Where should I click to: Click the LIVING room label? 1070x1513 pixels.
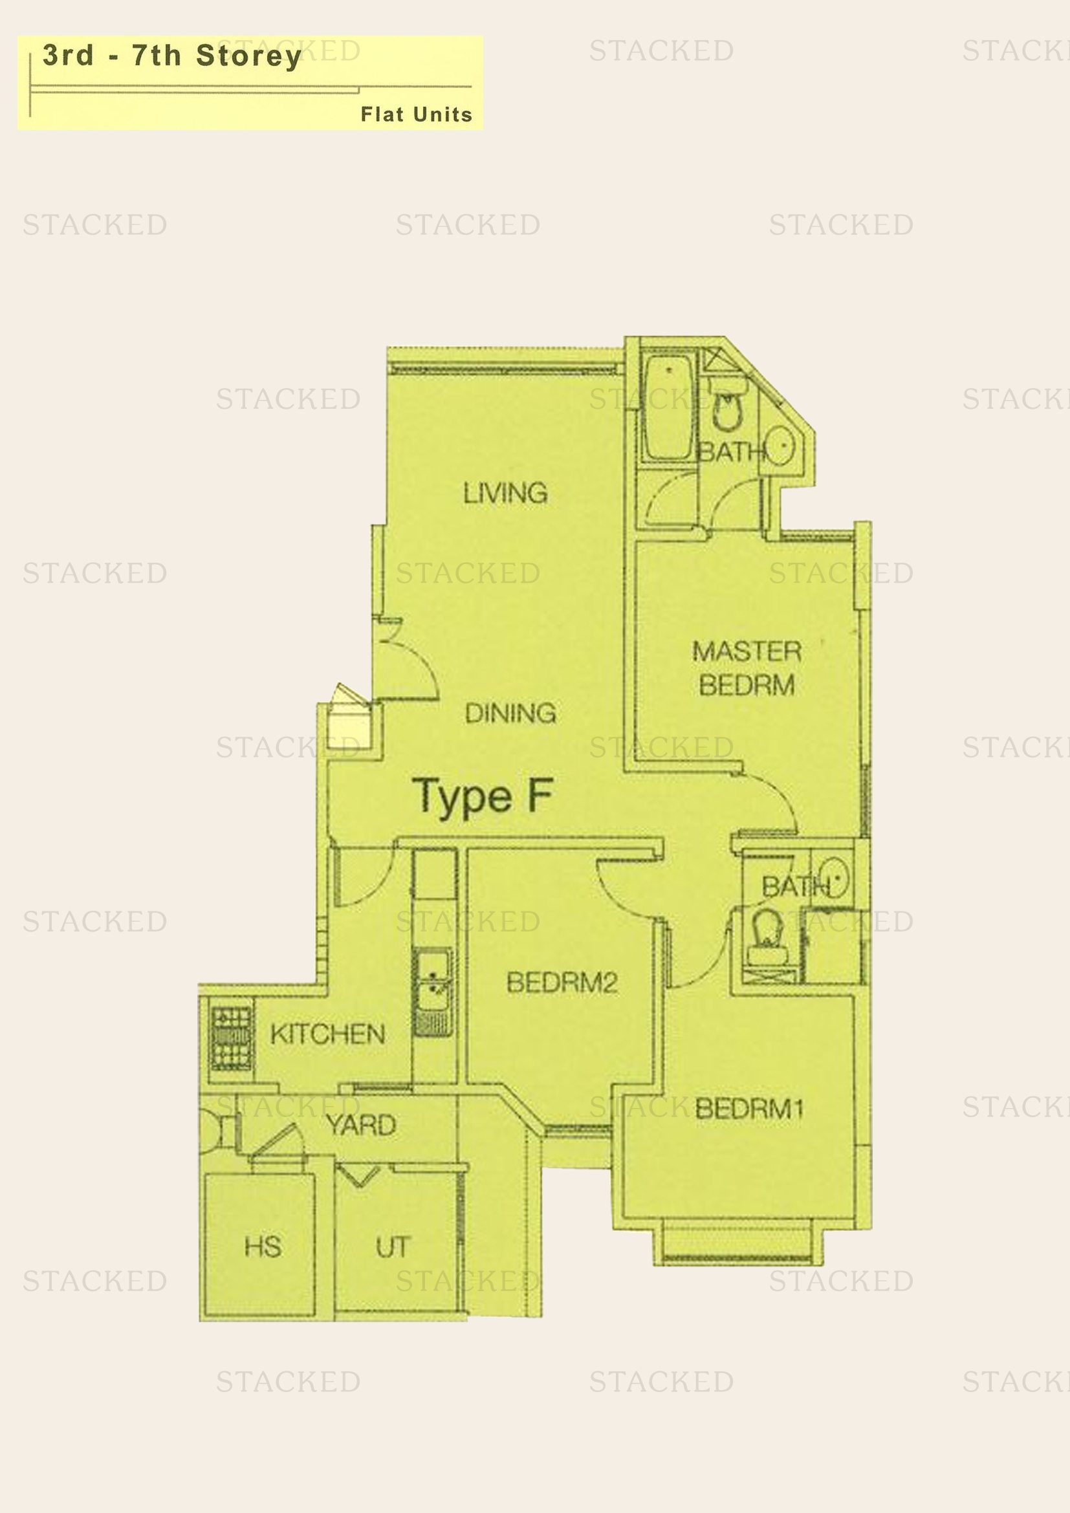(505, 493)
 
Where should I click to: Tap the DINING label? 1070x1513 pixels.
(510, 713)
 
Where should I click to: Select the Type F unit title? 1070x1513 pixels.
(483, 797)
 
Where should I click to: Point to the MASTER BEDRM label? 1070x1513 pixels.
(747, 668)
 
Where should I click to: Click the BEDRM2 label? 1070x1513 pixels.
(562, 983)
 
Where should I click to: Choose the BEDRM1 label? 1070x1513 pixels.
(749, 1109)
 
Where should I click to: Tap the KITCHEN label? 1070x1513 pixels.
(327, 1034)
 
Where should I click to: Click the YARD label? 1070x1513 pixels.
(361, 1125)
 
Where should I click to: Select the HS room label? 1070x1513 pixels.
(263, 1246)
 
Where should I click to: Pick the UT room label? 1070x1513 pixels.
(393, 1246)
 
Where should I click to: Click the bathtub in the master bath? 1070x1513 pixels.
(668, 407)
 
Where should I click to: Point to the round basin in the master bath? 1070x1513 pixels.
(780, 446)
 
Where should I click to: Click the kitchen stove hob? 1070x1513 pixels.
(231, 1040)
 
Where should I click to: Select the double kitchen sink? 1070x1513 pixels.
(432, 991)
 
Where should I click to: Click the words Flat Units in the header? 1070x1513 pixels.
(417, 114)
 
